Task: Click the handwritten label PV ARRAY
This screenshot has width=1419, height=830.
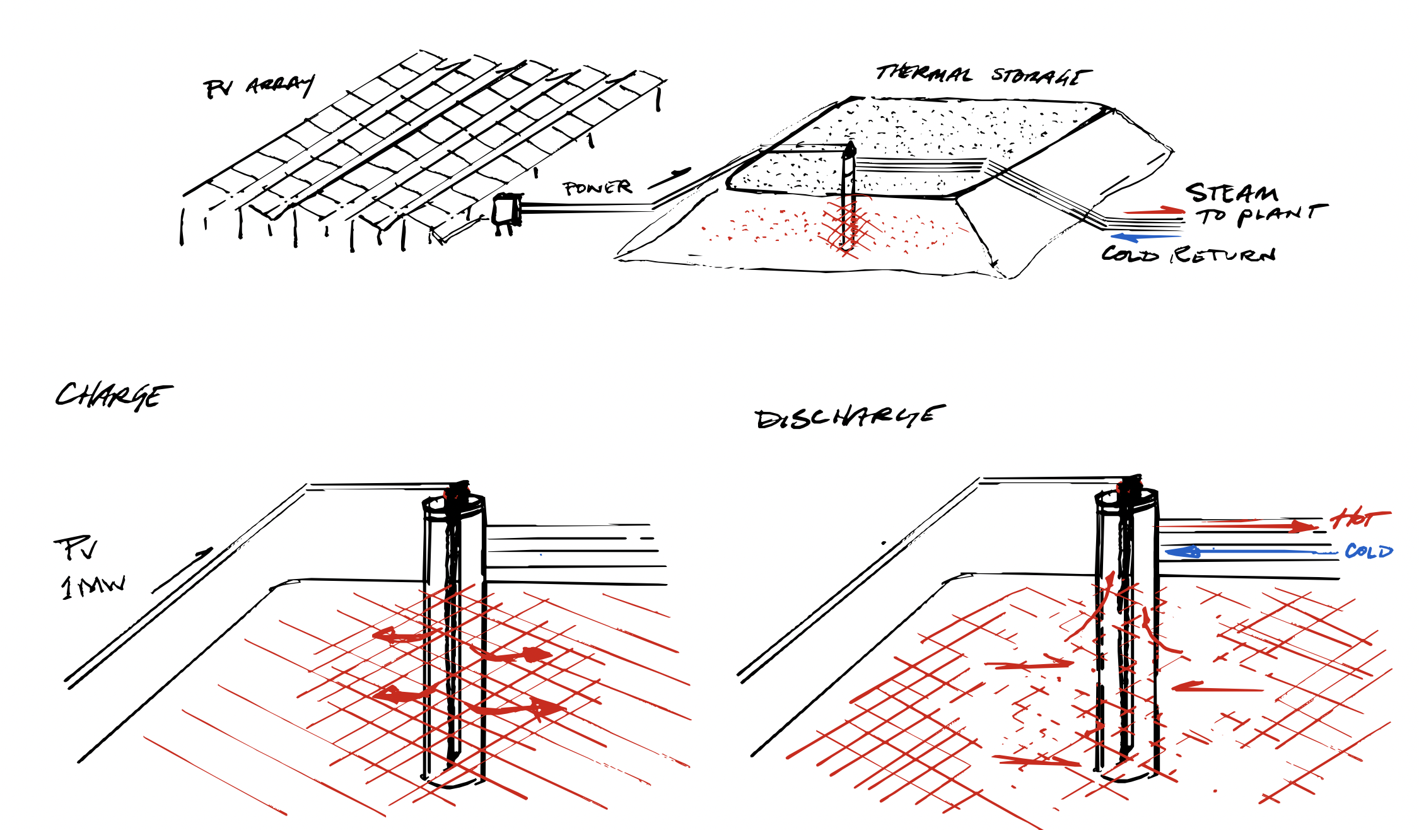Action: (259, 86)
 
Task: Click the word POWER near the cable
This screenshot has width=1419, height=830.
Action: (597, 187)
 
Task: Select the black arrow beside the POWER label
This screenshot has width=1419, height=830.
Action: (670, 178)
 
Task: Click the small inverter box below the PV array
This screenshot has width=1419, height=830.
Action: (506, 211)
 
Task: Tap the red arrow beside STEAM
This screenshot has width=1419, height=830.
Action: (1154, 211)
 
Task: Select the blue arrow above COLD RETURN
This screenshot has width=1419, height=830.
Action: (1145, 237)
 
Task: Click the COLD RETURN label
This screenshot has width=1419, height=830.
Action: (1188, 254)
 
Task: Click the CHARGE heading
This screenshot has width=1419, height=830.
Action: (114, 395)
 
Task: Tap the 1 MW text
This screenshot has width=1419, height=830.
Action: (93, 587)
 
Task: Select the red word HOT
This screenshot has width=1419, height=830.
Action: (1358, 518)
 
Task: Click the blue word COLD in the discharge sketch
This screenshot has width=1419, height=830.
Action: (1368, 552)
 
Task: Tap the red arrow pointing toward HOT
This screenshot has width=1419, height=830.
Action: (1236, 525)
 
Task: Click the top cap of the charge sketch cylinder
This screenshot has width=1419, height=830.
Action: (454, 503)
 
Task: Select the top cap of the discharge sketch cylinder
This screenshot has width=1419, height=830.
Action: (1127, 497)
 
